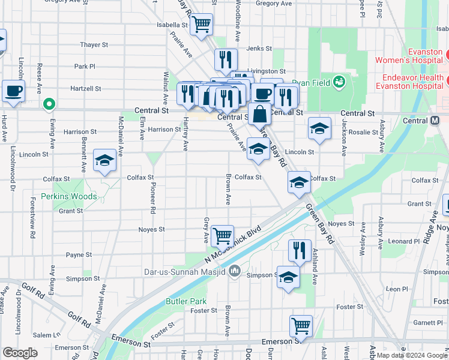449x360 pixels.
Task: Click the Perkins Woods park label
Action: point(69,196)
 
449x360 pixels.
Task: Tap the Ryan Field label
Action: point(312,82)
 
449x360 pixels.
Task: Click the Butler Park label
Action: point(186,301)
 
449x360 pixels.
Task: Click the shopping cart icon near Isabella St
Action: point(202,24)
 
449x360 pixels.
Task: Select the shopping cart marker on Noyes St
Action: point(222,236)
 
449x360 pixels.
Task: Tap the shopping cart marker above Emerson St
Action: point(301,326)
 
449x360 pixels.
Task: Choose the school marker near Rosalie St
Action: point(319,128)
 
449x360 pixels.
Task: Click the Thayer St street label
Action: point(94,44)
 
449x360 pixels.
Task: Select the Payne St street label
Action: point(79,254)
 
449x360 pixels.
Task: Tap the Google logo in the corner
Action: point(20,353)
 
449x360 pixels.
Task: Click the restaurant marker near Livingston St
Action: point(226,59)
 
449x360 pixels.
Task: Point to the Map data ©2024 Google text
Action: point(412,355)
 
